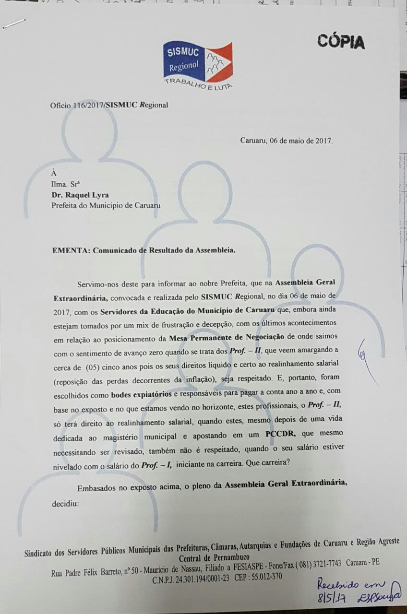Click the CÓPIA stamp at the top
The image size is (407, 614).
tap(340, 42)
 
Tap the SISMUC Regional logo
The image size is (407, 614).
tap(197, 62)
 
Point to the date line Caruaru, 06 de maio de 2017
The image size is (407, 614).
tap(286, 141)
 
